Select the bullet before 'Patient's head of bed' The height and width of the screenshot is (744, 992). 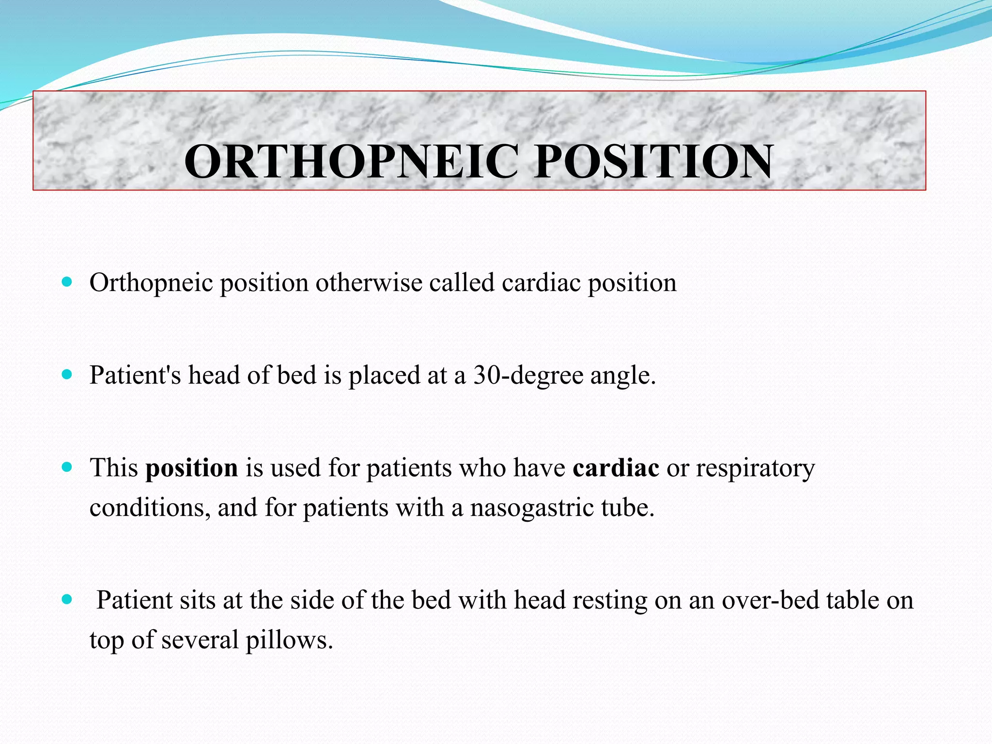pos(67,374)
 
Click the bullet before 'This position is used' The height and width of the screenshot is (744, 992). pos(67,467)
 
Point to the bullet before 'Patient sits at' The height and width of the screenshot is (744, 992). pos(67,600)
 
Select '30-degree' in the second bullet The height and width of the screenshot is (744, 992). pos(528,375)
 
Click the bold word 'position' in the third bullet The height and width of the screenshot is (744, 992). pos(192,468)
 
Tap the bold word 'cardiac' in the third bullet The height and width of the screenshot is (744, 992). pos(616,468)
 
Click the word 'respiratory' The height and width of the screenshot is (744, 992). pos(755,469)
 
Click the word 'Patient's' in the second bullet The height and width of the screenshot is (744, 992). pos(135,375)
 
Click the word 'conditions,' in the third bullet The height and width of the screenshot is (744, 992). pos(150,508)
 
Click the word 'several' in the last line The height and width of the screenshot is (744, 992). pos(200,640)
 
